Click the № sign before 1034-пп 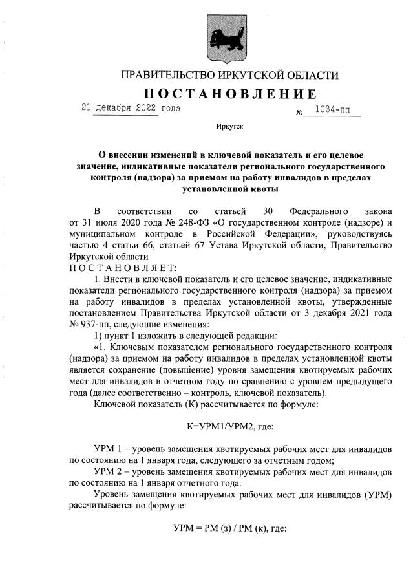[x=300, y=113]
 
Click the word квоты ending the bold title [x=264, y=189]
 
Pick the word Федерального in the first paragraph [x=319, y=211]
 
